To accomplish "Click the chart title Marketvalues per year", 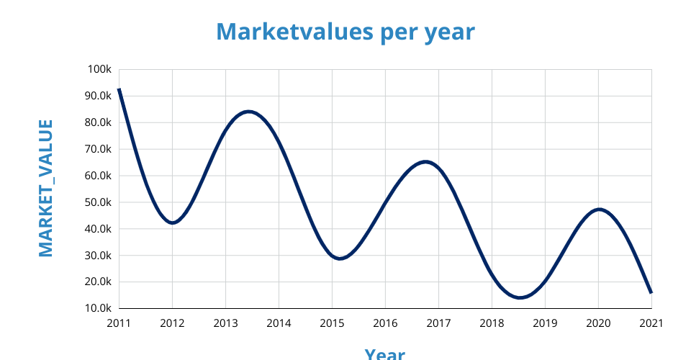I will [345, 32].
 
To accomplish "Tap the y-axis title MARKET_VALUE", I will [45, 189].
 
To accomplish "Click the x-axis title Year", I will [384, 353].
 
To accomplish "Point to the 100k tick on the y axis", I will [99, 69].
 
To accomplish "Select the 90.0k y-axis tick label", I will [97, 96].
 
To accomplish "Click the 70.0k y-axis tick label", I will [97, 149].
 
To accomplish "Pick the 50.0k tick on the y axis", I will [97, 202].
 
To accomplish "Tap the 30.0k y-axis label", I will [97, 256].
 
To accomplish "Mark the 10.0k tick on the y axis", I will [97, 308].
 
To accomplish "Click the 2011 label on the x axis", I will [119, 323].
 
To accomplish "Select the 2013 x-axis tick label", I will [225, 323].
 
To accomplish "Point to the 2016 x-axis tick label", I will [385, 323].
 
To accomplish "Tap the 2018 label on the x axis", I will [492, 323].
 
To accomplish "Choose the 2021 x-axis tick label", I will [651, 323].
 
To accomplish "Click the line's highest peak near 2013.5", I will [249, 112].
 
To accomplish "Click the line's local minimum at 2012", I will [173, 222].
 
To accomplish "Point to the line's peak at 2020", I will [599, 210].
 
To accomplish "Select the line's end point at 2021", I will [651, 292].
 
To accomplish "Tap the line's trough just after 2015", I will [340, 258].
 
